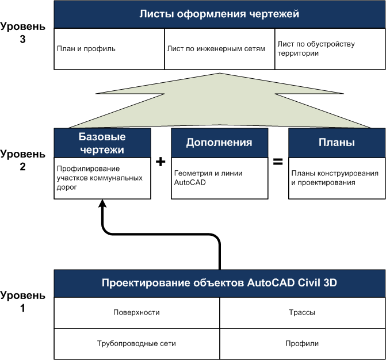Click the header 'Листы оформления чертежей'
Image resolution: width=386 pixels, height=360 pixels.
click(219, 14)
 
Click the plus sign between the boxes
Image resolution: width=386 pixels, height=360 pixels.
click(160, 162)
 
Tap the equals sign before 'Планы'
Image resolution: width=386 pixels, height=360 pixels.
click(277, 162)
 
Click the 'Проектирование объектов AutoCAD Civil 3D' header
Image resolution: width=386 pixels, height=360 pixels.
click(219, 283)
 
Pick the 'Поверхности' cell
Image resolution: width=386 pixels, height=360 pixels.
click(136, 313)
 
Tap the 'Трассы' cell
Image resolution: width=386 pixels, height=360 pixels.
click(302, 313)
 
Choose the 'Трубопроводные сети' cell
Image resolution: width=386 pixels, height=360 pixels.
click(136, 343)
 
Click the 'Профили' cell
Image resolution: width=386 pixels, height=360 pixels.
click(302, 343)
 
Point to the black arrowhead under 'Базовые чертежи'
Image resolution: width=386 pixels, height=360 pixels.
click(102, 204)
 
